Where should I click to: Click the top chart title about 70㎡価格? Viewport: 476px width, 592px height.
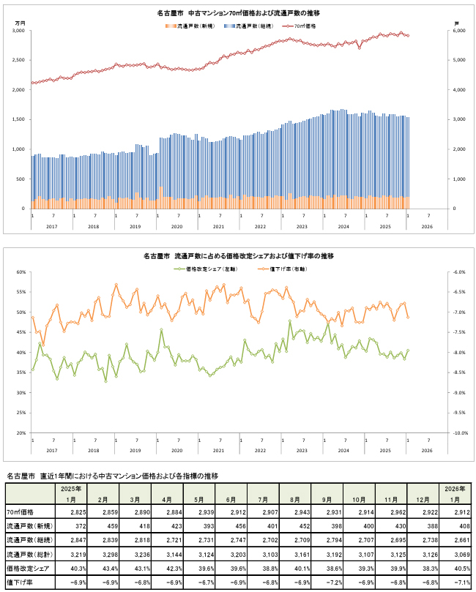coord(238,14)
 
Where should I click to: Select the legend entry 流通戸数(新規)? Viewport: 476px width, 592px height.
coord(193,26)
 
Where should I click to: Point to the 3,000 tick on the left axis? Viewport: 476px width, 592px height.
coord(19,31)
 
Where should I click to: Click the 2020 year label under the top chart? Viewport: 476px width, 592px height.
coord(176,227)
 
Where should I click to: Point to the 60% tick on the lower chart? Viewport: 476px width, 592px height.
coord(20,272)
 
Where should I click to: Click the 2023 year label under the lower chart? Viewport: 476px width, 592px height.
coord(302,450)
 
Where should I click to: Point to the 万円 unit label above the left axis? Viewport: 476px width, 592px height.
coord(20,23)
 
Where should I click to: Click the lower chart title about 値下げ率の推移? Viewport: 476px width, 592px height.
coord(238,256)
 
